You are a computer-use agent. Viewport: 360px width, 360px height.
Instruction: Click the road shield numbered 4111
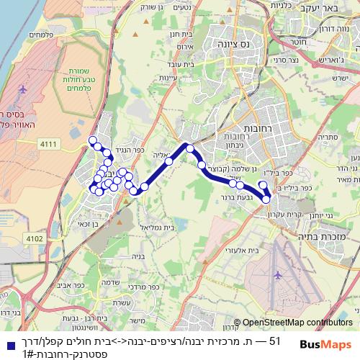point(48,145)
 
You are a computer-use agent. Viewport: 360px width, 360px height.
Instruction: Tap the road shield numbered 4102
point(33,238)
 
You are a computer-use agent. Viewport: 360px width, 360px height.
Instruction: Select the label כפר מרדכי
point(153,287)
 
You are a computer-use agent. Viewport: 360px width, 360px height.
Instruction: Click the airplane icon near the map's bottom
point(278,275)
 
